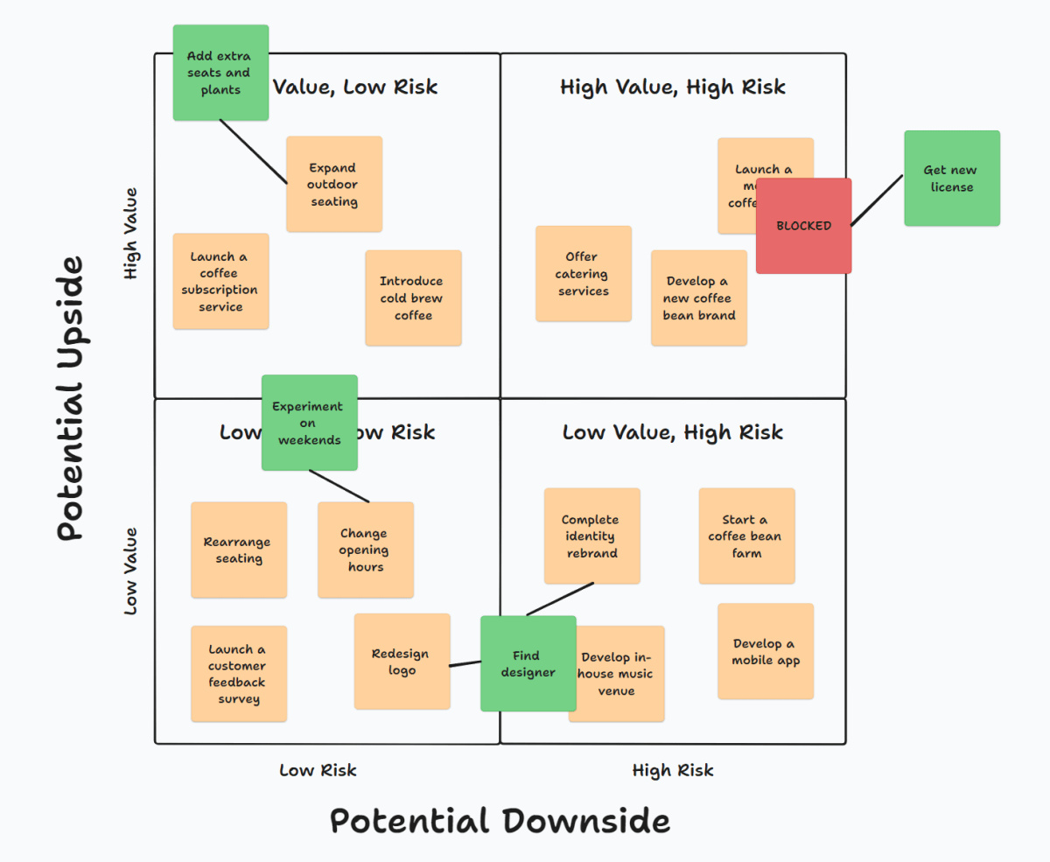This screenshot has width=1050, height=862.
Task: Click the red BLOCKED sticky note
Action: tap(803, 226)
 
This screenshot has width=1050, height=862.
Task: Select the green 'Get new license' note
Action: tap(951, 179)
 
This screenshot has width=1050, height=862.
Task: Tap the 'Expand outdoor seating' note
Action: tap(334, 185)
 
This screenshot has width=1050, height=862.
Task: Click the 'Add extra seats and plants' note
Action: tap(220, 73)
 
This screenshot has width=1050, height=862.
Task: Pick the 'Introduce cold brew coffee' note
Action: tap(413, 298)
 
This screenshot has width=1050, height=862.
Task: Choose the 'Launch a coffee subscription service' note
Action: tap(220, 281)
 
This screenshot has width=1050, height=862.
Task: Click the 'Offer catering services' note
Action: tap(583, 274)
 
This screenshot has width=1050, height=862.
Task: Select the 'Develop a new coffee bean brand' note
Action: tap(698, 298)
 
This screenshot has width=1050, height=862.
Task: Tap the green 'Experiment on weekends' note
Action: tap(309, 424)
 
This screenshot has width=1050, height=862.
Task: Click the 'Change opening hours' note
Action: tap(365, 550)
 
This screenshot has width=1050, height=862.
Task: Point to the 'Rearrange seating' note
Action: tap(238, 550)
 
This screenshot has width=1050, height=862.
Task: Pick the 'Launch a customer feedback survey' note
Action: tap(238, 674)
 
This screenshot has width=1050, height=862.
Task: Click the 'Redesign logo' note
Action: tap(402, 662)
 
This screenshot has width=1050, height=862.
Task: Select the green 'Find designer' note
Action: tap(528, 663)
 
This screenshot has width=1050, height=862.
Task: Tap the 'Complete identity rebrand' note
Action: tap(591, 536)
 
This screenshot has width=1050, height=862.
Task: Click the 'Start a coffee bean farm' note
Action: tap(746, 536)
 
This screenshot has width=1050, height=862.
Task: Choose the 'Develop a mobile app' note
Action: tap(766, 652)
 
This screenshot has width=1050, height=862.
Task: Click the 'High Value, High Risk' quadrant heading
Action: tap(672, 87)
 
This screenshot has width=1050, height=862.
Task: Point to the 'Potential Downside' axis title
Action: tap(500, 821)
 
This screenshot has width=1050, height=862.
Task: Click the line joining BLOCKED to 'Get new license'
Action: tap(877, 200)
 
